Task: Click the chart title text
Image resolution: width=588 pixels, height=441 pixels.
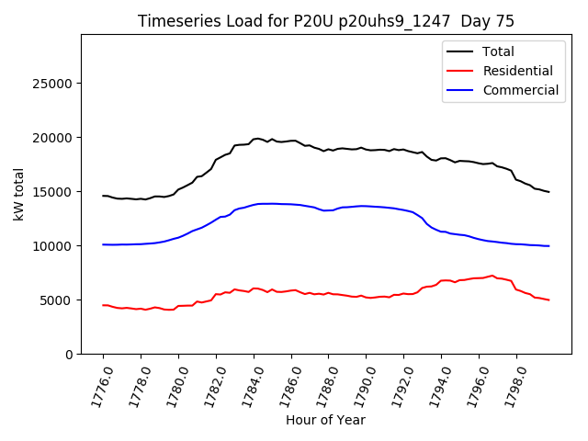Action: point(325,21)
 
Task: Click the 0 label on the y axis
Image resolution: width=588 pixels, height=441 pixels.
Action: point(69,355)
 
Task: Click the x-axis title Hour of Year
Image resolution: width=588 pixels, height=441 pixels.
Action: point(325,420)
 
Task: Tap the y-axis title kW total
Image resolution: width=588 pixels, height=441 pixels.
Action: point(18,194)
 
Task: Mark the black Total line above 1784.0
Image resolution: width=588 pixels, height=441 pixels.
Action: point(254,139)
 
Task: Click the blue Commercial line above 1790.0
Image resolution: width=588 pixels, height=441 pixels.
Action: point(367,206)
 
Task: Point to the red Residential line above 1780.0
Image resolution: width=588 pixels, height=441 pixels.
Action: point(178,306)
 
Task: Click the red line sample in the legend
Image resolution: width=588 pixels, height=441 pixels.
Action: point(459,71)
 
